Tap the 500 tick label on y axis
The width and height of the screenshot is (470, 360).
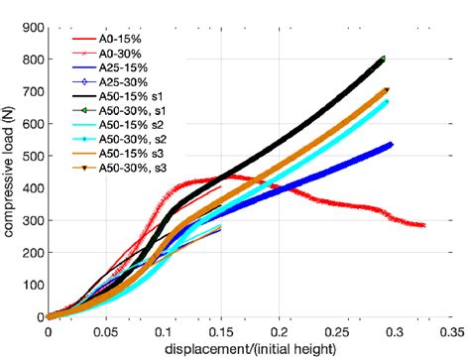pyautogui.click(x=31, y=157)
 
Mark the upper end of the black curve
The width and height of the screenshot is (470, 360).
pyautogui.click(x=383, y=59)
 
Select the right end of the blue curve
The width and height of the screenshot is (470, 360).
pyautogui.click(x=391, y=145)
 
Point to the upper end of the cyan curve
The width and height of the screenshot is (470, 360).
pyautogui.click(x=386, y=101)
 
